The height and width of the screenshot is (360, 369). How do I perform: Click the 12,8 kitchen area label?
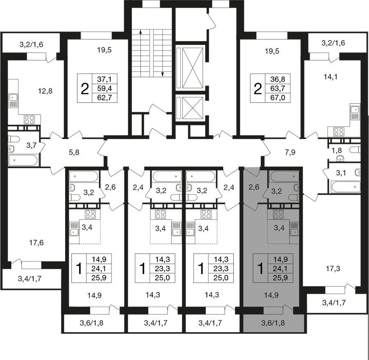(x=45, y=91)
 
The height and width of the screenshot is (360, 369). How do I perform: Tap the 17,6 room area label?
(x=36, y=243)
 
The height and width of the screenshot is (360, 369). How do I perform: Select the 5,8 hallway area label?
(x=74, y=153)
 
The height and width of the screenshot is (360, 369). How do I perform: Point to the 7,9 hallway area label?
(x=290, y=153)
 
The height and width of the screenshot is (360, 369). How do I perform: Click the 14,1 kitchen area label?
(x=331, y=77)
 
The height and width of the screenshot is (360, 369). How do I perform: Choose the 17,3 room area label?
(x=333, y=268)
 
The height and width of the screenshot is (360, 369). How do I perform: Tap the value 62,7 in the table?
(x=104, y=97)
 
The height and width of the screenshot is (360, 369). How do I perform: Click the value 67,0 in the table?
(x=278, y=97)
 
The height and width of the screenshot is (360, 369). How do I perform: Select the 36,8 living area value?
(x=278, y=79)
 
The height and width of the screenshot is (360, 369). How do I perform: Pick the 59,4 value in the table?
(x=104, y=88)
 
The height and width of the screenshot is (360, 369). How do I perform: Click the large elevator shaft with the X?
(x=193, y=68)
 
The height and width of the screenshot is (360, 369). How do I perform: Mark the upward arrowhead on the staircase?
(x=140, y=32)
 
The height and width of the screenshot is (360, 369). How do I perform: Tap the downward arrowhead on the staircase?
(x=162, y=74)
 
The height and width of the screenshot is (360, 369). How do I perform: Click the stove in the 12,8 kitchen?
(x=29, y=119)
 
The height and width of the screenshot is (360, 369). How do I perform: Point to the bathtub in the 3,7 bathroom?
(x=23, y=161)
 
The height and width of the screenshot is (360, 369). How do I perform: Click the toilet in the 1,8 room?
(x=355, y=150)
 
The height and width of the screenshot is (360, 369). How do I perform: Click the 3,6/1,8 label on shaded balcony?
(x=273, y=323)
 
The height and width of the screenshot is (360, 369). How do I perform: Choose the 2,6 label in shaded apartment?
(x=254, y=187)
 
